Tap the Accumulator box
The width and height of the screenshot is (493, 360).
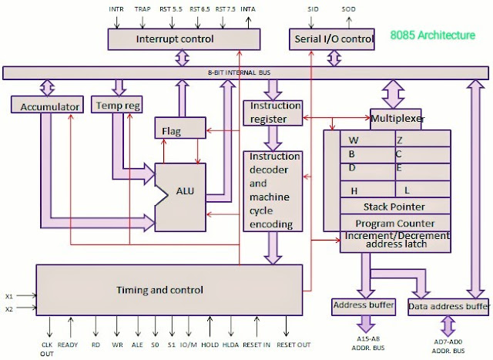[x=45, y=106]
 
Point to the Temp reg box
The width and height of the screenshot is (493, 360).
[x=117, y=105]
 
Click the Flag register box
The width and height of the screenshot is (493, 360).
[x=172, y=132]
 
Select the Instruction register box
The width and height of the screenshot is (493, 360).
[x=269, y=112]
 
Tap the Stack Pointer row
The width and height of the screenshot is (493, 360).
[x=394, y=207]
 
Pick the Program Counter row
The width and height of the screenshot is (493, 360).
[x=394, y=223]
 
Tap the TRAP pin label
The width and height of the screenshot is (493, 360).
[x=142, y=9]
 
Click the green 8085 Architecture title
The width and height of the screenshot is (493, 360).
[x=433, y=35]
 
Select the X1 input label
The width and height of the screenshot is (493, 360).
[x=9, y=295]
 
